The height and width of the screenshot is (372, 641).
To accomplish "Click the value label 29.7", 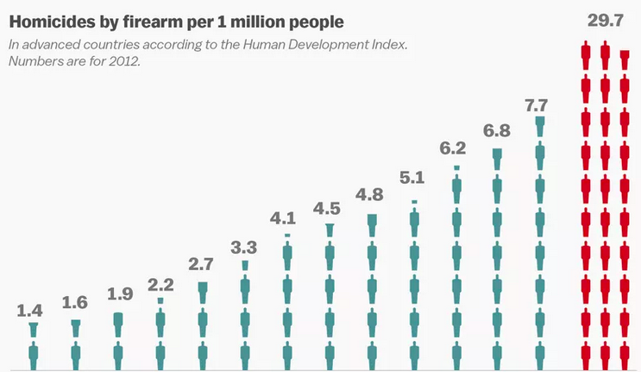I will tap(605, 20).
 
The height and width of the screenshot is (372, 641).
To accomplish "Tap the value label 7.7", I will tap(537, 106).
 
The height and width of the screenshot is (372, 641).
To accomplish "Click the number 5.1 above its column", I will tap(412, 179).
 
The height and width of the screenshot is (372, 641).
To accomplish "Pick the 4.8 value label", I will tap(370, 194).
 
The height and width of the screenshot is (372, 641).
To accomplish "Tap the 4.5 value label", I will tap(328, 207).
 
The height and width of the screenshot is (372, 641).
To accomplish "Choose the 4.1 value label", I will tap(286, 217).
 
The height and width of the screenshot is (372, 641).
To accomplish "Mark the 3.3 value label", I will tap(243, 248).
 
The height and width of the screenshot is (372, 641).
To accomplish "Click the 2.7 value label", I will tap(202, 262).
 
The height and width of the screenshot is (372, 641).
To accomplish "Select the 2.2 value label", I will tap(160, 282).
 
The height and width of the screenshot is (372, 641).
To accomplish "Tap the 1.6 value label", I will tap(75, 302).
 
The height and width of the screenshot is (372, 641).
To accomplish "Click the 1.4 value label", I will tap(33, 309).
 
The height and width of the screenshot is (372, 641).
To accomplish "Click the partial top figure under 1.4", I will tap(33, 328).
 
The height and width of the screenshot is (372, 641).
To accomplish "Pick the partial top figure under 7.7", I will tap(540, 125).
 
